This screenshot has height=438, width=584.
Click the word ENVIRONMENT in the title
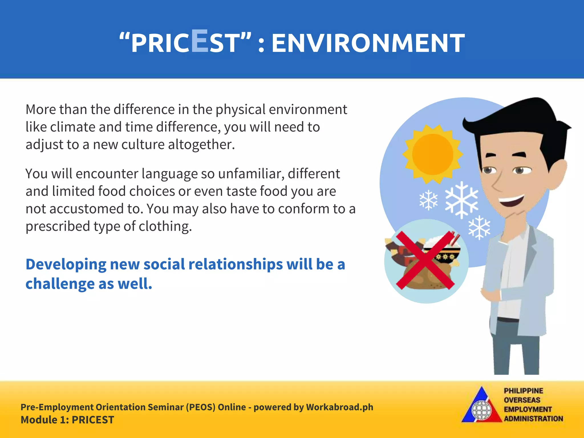point(368,43)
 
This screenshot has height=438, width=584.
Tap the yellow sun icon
point(432,154)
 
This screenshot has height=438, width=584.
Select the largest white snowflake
point(462,200)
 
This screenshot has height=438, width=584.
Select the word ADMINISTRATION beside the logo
point(533,419)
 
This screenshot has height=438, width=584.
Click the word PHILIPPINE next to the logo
point(523,391)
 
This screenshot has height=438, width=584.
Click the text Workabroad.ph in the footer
point(339,407)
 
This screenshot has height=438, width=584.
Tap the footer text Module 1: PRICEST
point(67,420)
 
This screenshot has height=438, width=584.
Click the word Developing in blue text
point(66,265)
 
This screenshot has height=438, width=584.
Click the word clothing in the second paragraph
point(165,226)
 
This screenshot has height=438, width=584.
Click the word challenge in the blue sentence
point(60,284)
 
